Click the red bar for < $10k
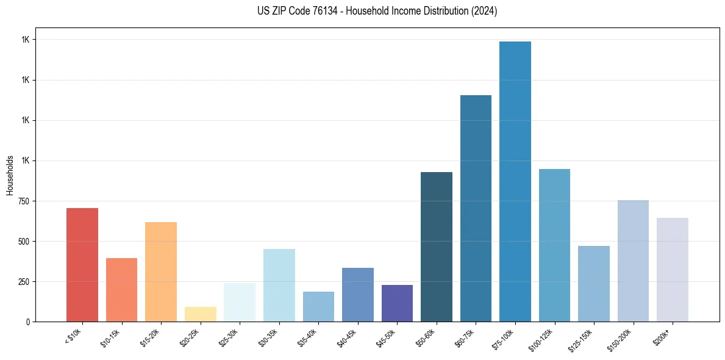[x=82, y=265]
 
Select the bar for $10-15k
[x=121, y=290]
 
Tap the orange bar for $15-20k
[x=161, y=272]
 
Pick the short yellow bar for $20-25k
[x=200, y=314]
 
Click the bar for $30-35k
[x=279, y=285]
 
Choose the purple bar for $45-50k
[x=397, y=303]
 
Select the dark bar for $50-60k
[x=437, y=247]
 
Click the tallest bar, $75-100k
[x=515, y=181]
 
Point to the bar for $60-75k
[x=476, y=208]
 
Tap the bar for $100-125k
[x=554, y=245]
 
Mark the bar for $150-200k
[x=633, y=261]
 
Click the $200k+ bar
[x=673, y=270]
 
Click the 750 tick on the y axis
[x=24, y=201]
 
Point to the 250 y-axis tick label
[x=24, y=282]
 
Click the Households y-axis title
[x=10, y=175]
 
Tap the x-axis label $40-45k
[x=346, y=337]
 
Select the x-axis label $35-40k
[x=307, y=337]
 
